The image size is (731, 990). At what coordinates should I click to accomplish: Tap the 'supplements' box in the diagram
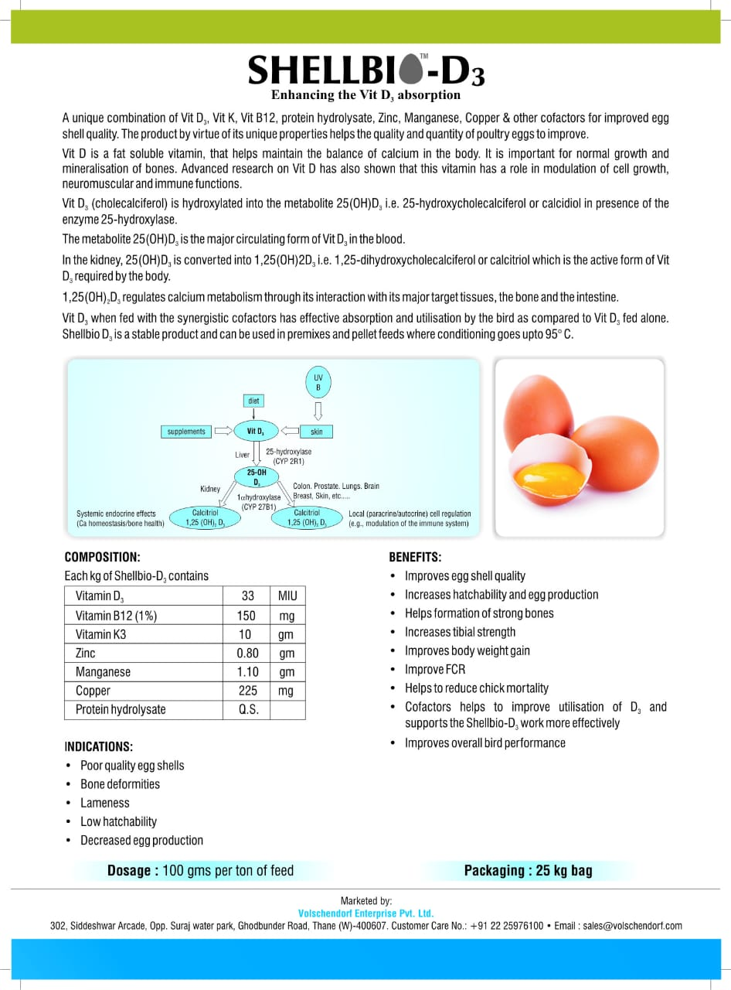[186, 432]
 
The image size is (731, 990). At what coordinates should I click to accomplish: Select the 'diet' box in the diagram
[253, 401]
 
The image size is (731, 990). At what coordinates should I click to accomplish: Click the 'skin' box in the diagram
[316, 432]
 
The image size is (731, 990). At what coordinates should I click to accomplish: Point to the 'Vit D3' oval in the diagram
[255, 432]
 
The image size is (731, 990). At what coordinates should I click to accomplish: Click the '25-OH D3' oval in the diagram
[257, 476]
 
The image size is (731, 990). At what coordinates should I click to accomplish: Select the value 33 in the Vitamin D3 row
[247, 596]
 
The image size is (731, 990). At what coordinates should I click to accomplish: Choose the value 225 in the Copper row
[247, 691]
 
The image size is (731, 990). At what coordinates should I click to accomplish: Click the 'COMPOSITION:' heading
[102, 557]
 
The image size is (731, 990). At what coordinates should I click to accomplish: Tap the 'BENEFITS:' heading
[415, 557]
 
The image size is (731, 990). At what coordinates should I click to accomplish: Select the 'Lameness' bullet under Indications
[105, 803]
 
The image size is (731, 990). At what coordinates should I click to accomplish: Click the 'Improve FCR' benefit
[435, 669]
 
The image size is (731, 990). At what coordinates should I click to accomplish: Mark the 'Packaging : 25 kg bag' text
[528, 871]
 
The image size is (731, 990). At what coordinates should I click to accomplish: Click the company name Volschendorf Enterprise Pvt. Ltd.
[365, 913]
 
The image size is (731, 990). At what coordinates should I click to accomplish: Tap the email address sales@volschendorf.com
[632, 926]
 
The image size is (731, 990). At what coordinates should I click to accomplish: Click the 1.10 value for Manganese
[247, 672]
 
